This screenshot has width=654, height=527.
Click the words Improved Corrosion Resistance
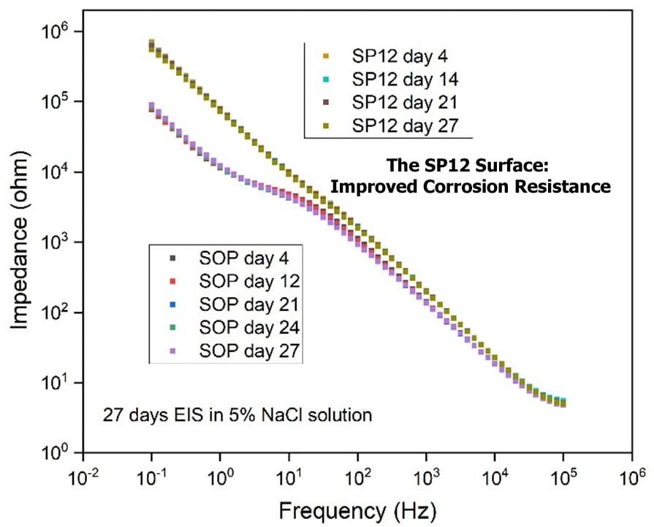tap(471, 187)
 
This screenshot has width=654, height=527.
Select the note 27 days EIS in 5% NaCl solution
tap(237, 415)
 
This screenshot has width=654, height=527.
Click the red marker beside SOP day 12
tap(173, 281)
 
